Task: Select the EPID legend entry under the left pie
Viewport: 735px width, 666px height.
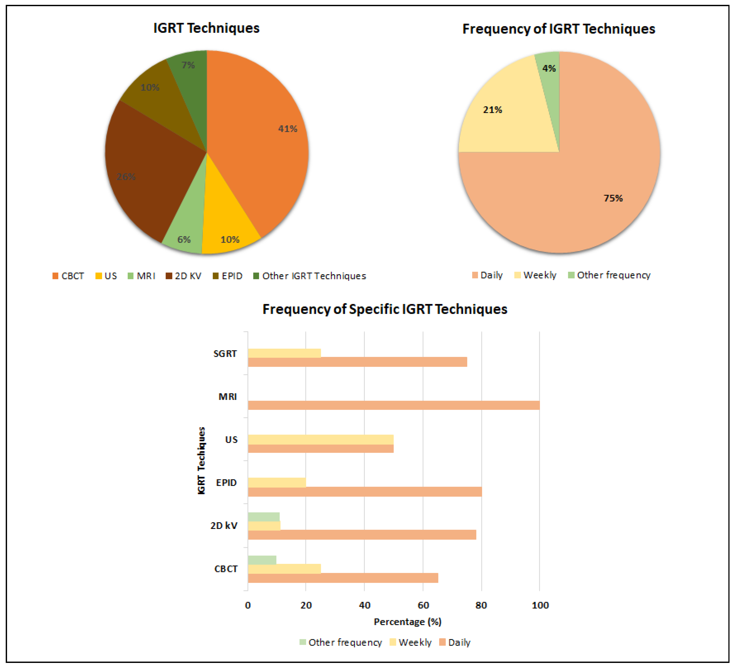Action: [x=228, y=276]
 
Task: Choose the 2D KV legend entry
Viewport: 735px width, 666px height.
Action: [x=184, y=276]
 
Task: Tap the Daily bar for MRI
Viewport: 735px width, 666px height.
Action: [x=394, y=405]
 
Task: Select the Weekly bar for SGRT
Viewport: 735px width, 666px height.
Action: [x=284, y=353]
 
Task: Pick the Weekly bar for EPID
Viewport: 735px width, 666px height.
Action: [x=277, y=482]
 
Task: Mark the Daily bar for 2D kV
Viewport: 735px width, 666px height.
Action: [x=362, y=534]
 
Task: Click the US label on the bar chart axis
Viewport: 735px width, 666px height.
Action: [x=231, y=440]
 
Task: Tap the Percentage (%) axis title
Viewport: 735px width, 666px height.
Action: [x=408, y=622]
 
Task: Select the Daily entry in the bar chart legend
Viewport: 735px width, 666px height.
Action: [x=455, y=642]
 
